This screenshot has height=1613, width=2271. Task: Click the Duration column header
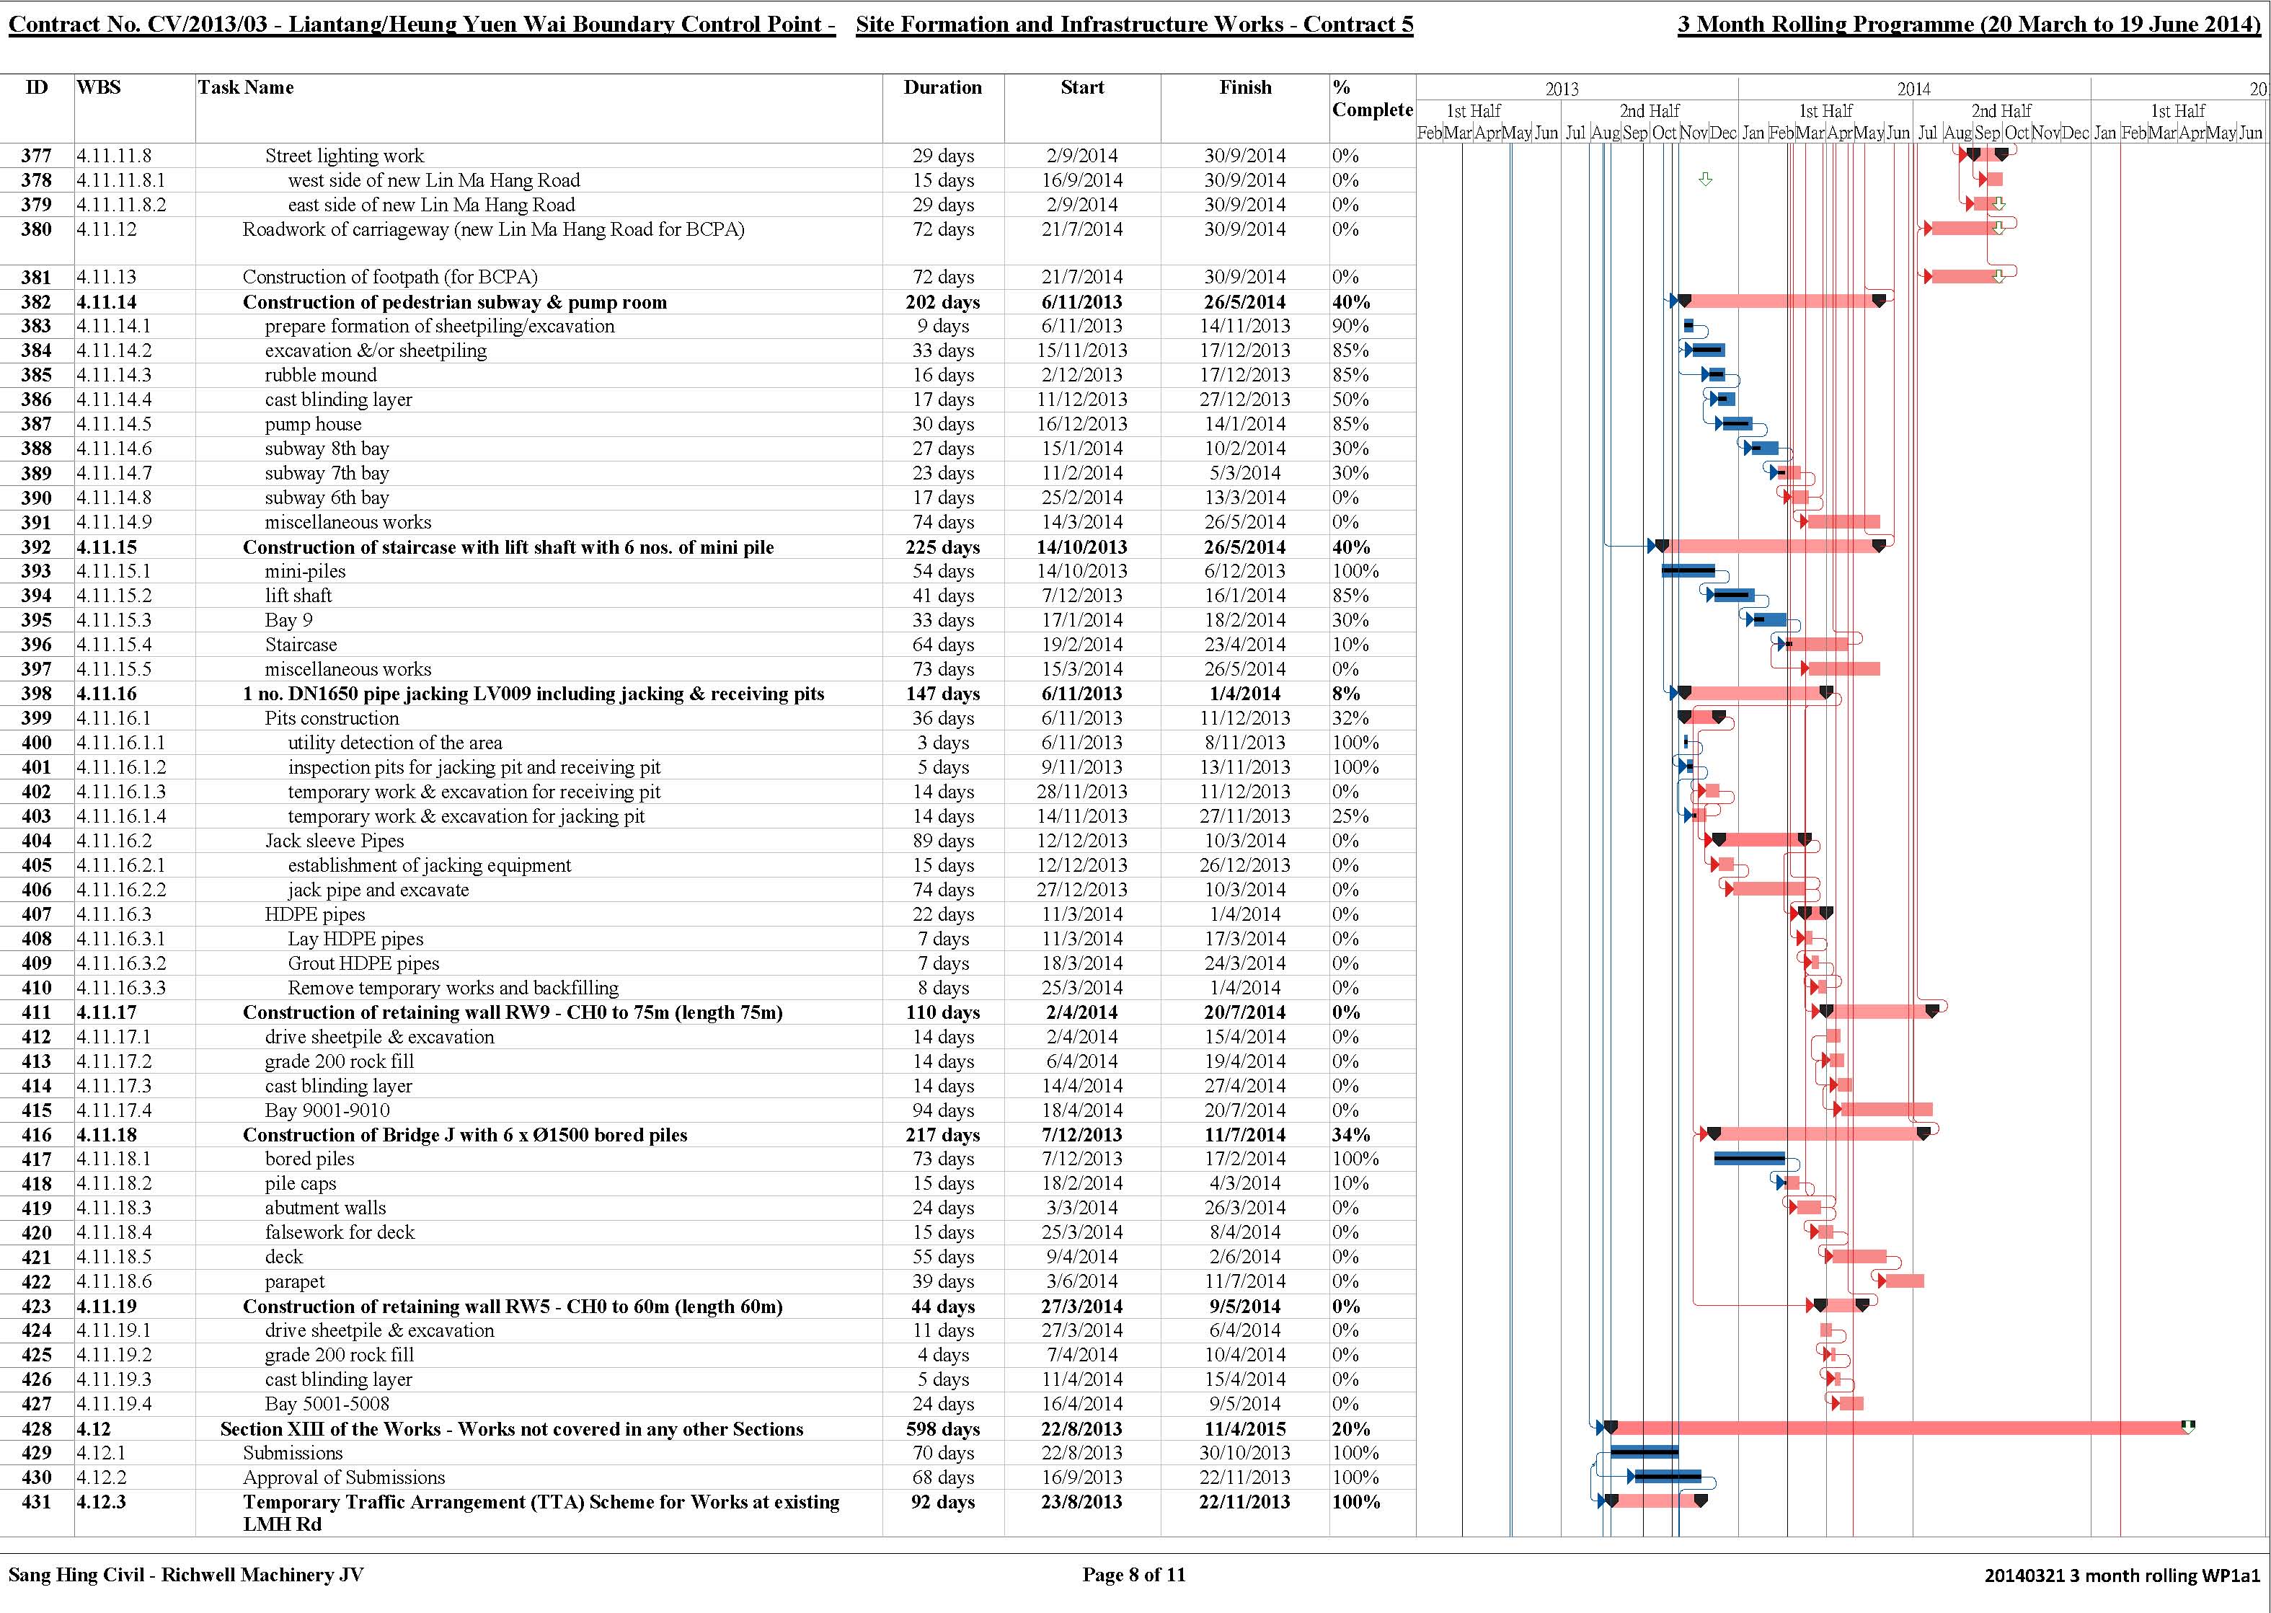click(x=942, y=87)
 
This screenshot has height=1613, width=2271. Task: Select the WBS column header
click(x=98, y=87)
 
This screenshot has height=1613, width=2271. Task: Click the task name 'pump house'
click(x=313, y=424)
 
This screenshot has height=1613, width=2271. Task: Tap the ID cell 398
click(x=37, y=693)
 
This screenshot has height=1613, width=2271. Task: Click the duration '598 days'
click(x=942, y=1428)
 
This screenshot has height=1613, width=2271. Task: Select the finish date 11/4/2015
click(x=1245, y=1428)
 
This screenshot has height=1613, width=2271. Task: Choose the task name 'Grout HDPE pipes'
click(x=363, y=963)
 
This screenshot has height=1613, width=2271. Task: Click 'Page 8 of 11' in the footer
click(x=1134, y=1574)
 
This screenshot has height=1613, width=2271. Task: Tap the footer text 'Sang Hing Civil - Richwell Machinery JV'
click(x=186, y=1574)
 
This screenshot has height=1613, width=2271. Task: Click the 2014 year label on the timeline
click(x=1913, y=89)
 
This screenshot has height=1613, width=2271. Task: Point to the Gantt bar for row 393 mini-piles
click(x=1688, y=570)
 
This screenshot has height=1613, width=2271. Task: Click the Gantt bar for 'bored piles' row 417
click(x=1750, y=1158)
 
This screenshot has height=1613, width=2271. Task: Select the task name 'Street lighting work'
click(x=345, y=156)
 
